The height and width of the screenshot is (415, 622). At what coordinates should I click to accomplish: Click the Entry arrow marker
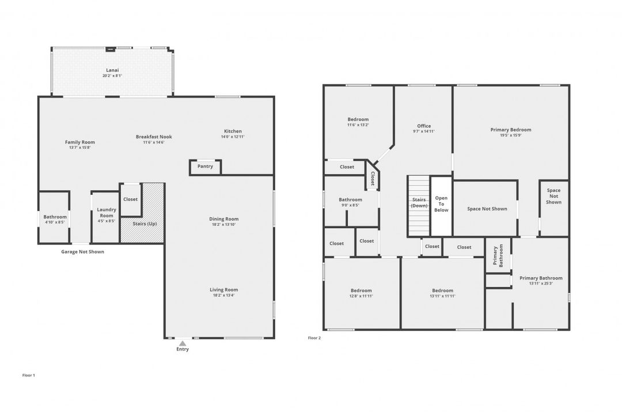(183, 343)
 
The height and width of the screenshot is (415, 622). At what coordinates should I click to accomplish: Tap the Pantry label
(205, 167)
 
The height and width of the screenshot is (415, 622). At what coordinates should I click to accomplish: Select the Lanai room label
(112, 70)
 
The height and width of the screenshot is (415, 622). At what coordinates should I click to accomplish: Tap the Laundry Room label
(106, 213)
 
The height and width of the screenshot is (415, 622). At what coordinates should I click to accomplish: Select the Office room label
(424, 126)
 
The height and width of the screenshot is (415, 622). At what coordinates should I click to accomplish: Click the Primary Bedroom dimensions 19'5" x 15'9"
(511, 136)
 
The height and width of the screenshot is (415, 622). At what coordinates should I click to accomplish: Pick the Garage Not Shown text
(83, 252)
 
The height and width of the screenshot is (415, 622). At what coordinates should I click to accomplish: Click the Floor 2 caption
(314, 338)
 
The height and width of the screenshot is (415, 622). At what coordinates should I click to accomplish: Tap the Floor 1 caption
(29, 375)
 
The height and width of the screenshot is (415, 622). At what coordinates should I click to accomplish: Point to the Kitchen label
(233, 131)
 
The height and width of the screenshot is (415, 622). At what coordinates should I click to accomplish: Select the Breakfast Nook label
(154, 137)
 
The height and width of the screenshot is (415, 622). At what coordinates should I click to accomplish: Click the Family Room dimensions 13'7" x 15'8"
(80, 148)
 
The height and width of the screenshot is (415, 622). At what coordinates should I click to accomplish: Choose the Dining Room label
(223, 219)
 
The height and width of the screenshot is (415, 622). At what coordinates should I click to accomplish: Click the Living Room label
(223, 290)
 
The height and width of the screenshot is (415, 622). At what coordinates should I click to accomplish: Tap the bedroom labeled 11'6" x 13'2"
(358, 119)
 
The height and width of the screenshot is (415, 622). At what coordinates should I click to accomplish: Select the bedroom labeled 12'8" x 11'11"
(361, 290)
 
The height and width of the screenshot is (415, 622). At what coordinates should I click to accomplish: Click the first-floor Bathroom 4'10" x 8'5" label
(55, 217)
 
